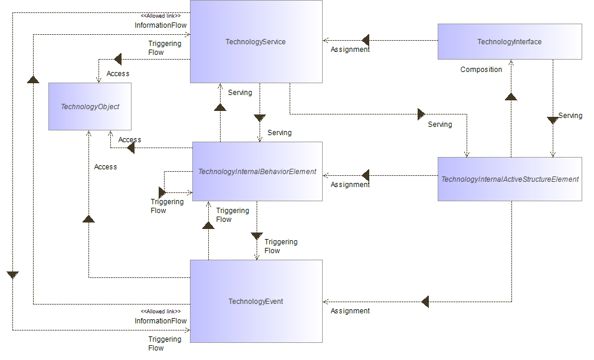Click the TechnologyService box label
[x=255, y=41]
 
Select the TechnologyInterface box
[x=509, y=41]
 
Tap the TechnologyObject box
[x=90, y=107]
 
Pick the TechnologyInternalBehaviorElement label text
[x=257, y=172]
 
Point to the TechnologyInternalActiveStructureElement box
[x=510, y=179]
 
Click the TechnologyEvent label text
[x=255, y=302]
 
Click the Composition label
[x=481, y=70]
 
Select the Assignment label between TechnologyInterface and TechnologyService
[x=350, y=50]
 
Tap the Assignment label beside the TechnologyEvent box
[x=350, y=311]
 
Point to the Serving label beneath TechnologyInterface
[x=570, y=116]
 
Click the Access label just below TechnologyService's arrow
[x=118, y=74]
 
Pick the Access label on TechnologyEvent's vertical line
[x=106, y=167]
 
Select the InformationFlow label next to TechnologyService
[x=160, y=25]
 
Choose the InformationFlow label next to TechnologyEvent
[x=160, y=321]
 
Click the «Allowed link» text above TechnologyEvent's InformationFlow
[x=160, y=312]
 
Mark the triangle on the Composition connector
[x=511, y=96]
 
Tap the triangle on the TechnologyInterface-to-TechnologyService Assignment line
[x=366, y=41]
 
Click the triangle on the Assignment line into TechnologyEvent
[x=425, y=302]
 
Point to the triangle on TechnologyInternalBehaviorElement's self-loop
[x=162, y=192]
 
